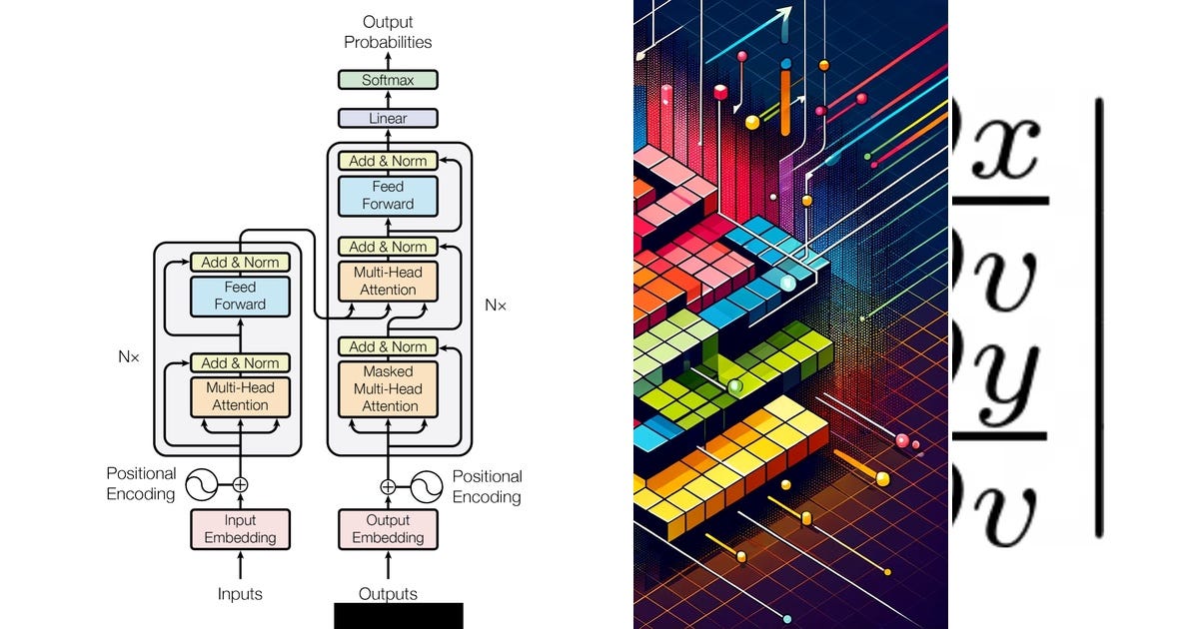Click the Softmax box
point(388,80)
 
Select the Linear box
point(388,119)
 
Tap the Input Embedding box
point(240,529)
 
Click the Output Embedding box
point(388,529)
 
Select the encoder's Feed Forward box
point(240,296)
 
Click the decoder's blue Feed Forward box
point(388,196)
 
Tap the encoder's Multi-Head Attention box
point(240,396)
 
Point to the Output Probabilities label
point(388,32)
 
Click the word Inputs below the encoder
point(240,594)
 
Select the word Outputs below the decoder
point(388,594)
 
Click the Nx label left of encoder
point(128,356)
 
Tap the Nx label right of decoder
point(496,306)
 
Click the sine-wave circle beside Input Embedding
point(197,485)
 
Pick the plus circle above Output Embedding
point(388,486)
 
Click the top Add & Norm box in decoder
point(388,161)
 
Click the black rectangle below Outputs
point(398,615)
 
